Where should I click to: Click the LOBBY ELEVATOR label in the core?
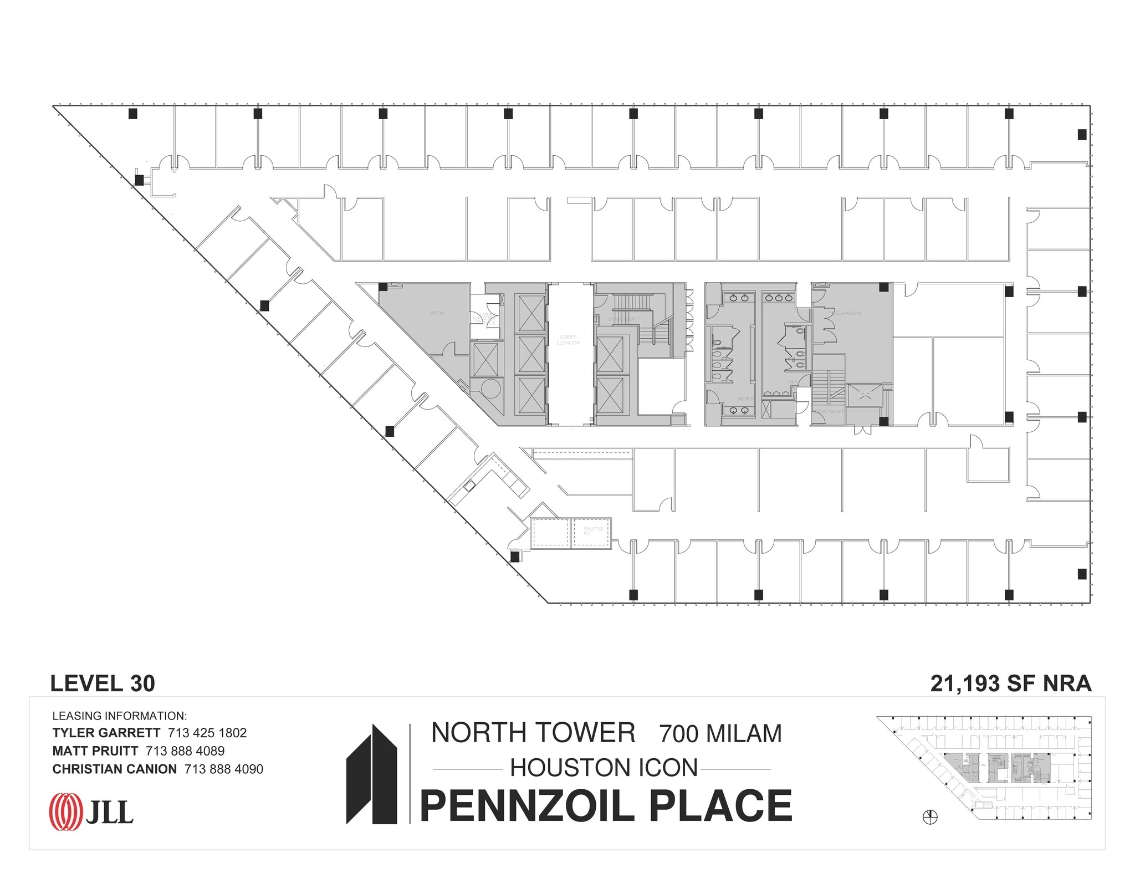[x=568, y=340]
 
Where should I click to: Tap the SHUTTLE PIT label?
[x=592, y=531]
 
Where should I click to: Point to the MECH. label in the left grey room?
[x=437, y=314]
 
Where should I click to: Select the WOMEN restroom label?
[x=745, y=399]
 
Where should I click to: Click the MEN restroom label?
[x=793, y=381]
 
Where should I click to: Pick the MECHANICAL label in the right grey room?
[x=847, y=314]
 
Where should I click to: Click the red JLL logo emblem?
[x=66, y=813]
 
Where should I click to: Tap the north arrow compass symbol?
[x=930, y=817]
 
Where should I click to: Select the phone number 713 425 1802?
[x=207, y=733]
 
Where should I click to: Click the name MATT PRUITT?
[x=95, y=751]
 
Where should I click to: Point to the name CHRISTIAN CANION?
[x=115, y=769]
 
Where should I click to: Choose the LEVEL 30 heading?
[x=103, y=684]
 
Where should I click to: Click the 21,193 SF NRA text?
[x=1011, y=684]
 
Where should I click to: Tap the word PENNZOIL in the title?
[x=526, y=806]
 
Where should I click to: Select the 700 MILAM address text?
[x=720, y=733]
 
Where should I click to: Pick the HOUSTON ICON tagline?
[x=604, y=768]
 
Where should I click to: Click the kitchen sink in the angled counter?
[x=470, y=486]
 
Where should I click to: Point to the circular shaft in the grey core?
[x=489, y=389]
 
